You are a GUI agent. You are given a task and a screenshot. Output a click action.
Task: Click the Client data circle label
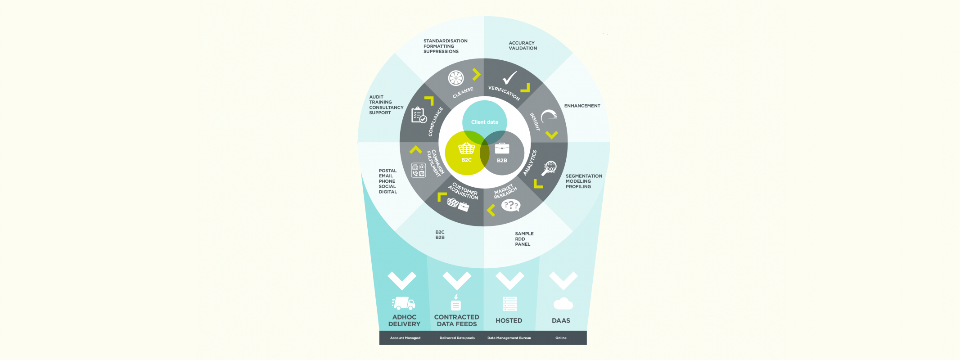[484, 122]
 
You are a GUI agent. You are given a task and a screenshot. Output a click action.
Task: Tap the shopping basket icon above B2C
[466, 148]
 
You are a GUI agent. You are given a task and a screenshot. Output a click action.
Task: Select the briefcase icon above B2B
[502, 148]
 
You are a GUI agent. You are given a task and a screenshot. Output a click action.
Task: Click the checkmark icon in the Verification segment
[509, 78]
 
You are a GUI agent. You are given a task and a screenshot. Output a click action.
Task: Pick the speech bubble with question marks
[511, 206]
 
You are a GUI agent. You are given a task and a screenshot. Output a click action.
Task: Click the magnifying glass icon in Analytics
[549, 168]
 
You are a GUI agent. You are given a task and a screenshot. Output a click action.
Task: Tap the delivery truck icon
[403, 303]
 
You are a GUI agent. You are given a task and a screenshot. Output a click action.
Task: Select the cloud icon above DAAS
[563, 304]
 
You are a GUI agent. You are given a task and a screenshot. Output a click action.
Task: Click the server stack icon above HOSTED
[509, 304]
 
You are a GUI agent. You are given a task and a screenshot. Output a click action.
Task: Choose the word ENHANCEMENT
[582, 106]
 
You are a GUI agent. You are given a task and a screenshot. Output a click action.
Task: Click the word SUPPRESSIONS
[441, 52]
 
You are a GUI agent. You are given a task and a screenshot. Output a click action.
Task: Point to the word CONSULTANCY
[386, 108]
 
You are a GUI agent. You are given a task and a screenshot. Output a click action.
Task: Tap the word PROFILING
[578, 187]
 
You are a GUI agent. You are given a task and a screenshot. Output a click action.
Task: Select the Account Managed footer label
[405, 338]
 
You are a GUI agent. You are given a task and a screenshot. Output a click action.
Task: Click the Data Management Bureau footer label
[509, 338]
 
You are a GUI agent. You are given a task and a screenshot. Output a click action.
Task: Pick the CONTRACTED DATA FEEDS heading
[456, 320]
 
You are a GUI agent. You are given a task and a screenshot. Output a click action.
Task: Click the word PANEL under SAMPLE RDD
[523, 244]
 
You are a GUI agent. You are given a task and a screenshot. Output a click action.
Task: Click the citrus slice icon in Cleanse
[455, 78]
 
